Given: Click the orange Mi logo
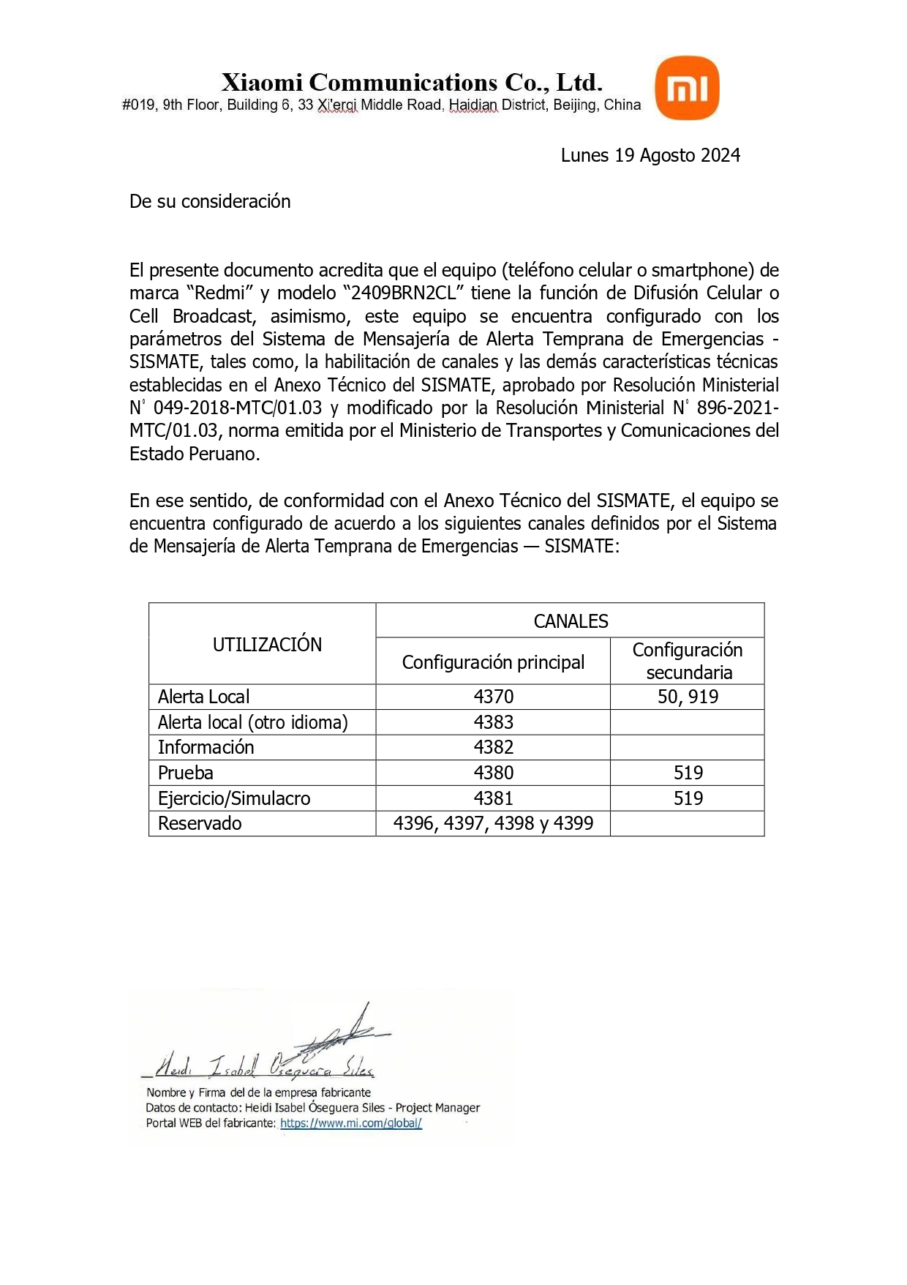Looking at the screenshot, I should point(687,89).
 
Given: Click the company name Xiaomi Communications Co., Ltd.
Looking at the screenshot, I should point(412,82).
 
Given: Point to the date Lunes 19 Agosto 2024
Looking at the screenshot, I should point(650,155).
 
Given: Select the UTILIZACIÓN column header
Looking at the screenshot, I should point(267,645).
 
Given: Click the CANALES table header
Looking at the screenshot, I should point(571,621).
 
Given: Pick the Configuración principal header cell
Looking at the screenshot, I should point(493,662).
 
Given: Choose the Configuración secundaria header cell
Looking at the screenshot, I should point(688,661).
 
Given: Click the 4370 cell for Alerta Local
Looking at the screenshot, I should point(494,697).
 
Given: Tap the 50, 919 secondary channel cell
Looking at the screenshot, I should point(688,697).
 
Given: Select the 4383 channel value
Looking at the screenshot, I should point(494,722).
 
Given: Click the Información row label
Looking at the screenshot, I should point(206,747).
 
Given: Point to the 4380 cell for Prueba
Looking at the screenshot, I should point(494,773).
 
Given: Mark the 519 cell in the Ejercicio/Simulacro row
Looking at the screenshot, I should point(688,798).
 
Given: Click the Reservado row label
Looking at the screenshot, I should point(200,823).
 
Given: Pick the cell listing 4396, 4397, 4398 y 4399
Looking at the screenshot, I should point(493,823).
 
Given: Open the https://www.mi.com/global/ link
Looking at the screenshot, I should point(351,1123).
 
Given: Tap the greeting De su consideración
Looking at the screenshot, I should point(210,201).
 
